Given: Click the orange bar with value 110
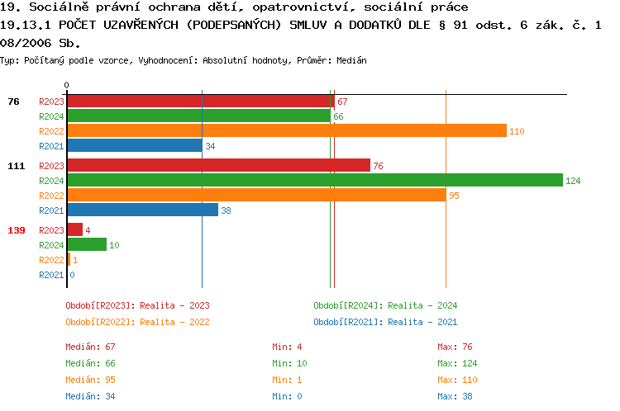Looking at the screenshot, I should pos(286,130).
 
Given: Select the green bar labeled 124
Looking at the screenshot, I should pos(314,180).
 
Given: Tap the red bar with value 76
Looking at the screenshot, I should pos(218,165).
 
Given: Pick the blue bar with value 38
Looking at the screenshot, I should pos(142,210).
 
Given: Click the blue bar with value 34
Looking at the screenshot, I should pos(134,145).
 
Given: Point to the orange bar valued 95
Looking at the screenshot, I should pos(256,195).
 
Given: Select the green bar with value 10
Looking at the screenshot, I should pos(87,244).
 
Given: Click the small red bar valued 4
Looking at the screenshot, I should pos(74,229).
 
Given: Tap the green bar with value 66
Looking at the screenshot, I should pos(198,116).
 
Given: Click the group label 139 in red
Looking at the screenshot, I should pos(17,230).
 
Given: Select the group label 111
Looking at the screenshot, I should pos(17,166).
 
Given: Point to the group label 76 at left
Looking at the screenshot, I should pos(13,102).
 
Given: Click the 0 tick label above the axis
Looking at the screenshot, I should pos(67,85).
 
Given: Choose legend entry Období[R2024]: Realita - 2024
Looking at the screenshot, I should pos(385,305).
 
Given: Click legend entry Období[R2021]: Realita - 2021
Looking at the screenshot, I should pos(385,322).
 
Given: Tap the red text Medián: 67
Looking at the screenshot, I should pos(90,347).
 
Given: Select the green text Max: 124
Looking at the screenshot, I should pos(463,363).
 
